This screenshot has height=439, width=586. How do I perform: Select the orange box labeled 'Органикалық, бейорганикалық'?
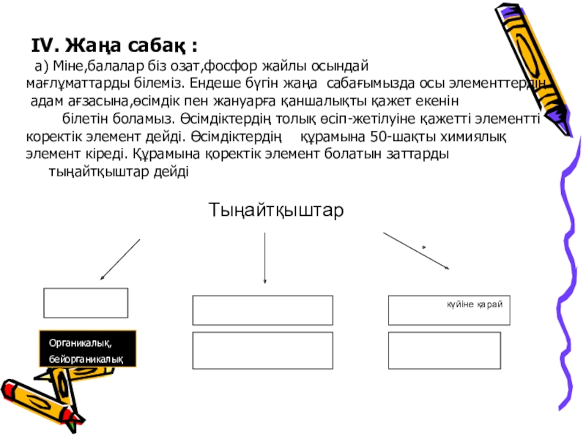pos(88,348)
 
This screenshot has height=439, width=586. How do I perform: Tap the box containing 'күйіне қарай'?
pos(448,309)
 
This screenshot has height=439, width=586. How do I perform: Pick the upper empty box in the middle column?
pos(262,309)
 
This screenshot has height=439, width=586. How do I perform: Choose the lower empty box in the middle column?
pos(262,350)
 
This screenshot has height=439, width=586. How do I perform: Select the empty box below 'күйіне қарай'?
pos(448,350)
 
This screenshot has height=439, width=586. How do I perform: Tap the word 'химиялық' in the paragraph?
pos(469,137)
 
